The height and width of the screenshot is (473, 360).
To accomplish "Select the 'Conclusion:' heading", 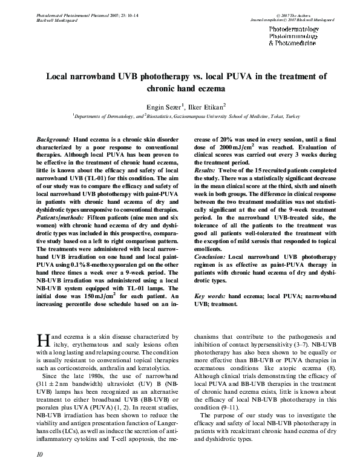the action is [210, 257].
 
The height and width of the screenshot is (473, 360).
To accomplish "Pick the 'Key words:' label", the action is [210, 296].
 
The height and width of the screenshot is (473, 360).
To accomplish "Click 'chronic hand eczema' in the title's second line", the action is [180, 89].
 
